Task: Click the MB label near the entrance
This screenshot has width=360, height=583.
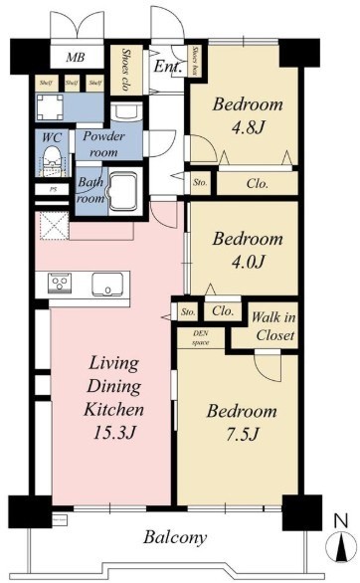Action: (75, 58)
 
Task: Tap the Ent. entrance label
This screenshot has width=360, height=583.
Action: (165, 68)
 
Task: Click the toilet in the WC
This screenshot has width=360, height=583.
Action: (52, 157)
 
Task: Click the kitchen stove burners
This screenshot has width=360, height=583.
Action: (60, 285)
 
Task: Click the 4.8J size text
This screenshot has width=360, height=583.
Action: (246, 126)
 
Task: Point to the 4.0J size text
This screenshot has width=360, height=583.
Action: (246, 262)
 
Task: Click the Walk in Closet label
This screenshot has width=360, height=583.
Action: (272, 326)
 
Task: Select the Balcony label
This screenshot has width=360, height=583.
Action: (174, 538)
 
